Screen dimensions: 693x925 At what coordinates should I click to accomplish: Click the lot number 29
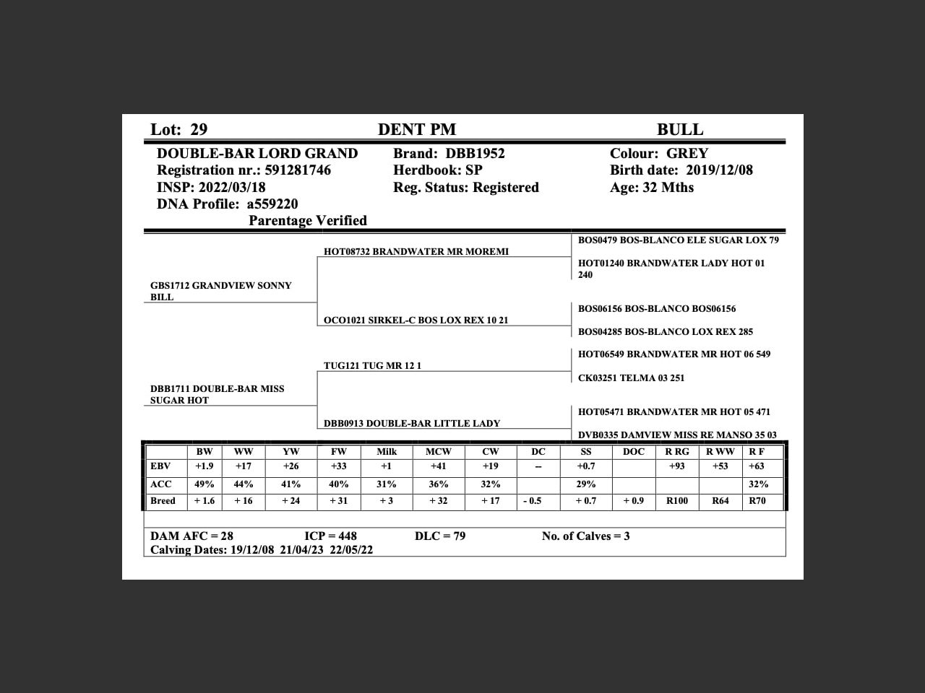(199, 130)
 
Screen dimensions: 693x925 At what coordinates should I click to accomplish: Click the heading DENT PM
(417, 130)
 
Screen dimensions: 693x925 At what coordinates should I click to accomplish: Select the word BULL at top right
(679, 130)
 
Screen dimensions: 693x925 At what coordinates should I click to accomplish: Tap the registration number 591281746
(298, 170)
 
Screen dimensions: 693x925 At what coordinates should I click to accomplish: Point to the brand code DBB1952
(475, 154)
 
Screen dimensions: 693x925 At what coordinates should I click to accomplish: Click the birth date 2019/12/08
(719, 170)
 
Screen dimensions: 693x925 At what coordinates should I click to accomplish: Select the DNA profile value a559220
(272, 204)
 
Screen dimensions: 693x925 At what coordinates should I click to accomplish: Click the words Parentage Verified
(308, 221)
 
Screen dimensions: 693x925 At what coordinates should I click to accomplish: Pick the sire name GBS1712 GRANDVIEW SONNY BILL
(221, 291)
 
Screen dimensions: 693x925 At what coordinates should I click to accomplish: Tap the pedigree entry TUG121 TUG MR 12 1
(372, 366)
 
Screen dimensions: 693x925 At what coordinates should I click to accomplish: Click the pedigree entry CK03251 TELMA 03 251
(631, 378)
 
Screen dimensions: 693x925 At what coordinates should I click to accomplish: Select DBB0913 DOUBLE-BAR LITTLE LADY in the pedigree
(412, 424)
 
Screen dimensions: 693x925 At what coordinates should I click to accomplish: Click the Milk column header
(387, 452)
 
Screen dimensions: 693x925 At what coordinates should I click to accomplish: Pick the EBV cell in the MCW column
(438, 466)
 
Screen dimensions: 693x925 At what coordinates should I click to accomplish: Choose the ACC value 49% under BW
(205, 484)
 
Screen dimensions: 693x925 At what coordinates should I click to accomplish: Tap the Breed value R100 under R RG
(676, 501)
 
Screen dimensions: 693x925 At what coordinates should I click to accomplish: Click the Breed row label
(163, 501)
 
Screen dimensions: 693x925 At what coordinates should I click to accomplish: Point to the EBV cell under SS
(585, 466)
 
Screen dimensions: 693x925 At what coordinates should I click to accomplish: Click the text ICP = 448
(330, 536)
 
